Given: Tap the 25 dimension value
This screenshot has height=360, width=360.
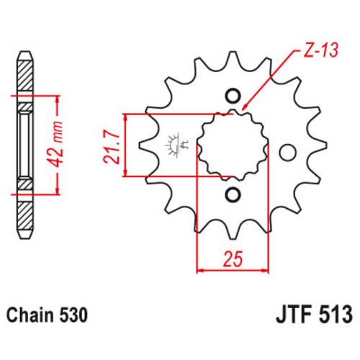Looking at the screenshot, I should coord(232,256).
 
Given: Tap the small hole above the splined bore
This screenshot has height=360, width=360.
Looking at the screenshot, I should coord(232,96).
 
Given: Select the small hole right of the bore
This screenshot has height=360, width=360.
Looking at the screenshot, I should coord(288,152).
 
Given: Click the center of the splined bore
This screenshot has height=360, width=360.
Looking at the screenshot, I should coord(232,145).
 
